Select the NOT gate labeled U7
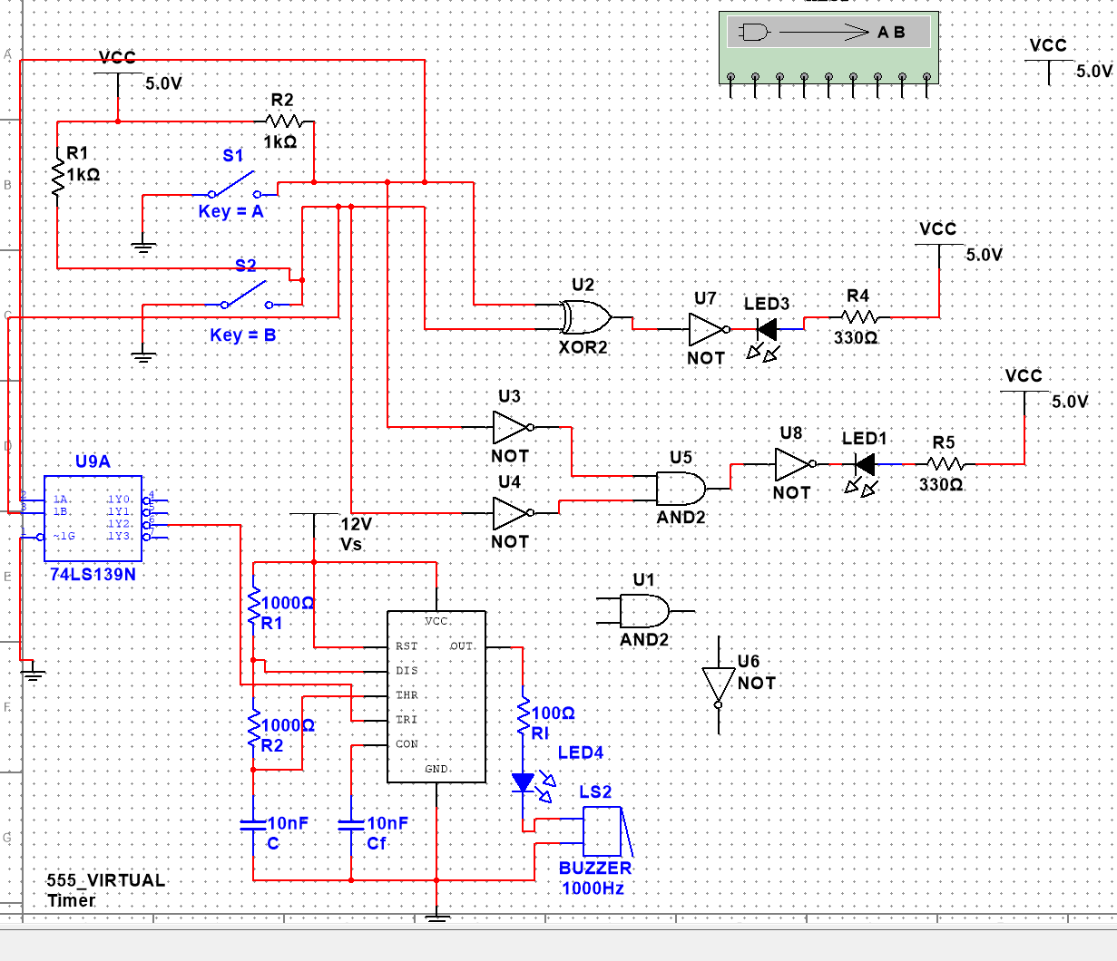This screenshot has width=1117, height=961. tap(707, 330)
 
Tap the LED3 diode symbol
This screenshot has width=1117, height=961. tap(768, 330)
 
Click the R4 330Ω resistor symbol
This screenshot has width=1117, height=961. tap(857, 317)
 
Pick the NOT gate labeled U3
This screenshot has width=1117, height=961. tap(511, 427)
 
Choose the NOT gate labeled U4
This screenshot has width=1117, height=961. tap(511, 513)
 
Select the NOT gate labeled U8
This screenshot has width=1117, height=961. tap(792, 464)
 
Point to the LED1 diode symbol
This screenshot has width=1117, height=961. tap(865, 465)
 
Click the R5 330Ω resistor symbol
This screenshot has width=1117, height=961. tap(944, 464)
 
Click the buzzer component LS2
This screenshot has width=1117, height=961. tap(603, 830)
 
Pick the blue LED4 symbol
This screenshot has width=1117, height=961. tap(524, 782)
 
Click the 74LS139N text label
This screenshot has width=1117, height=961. tap(93, 574)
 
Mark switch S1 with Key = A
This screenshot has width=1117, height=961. tap(234, 186)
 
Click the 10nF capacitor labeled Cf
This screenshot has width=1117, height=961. tap(351, 824)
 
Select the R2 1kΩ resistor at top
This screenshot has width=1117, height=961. tap(284, 121)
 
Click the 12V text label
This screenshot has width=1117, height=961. tap(357, 524)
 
